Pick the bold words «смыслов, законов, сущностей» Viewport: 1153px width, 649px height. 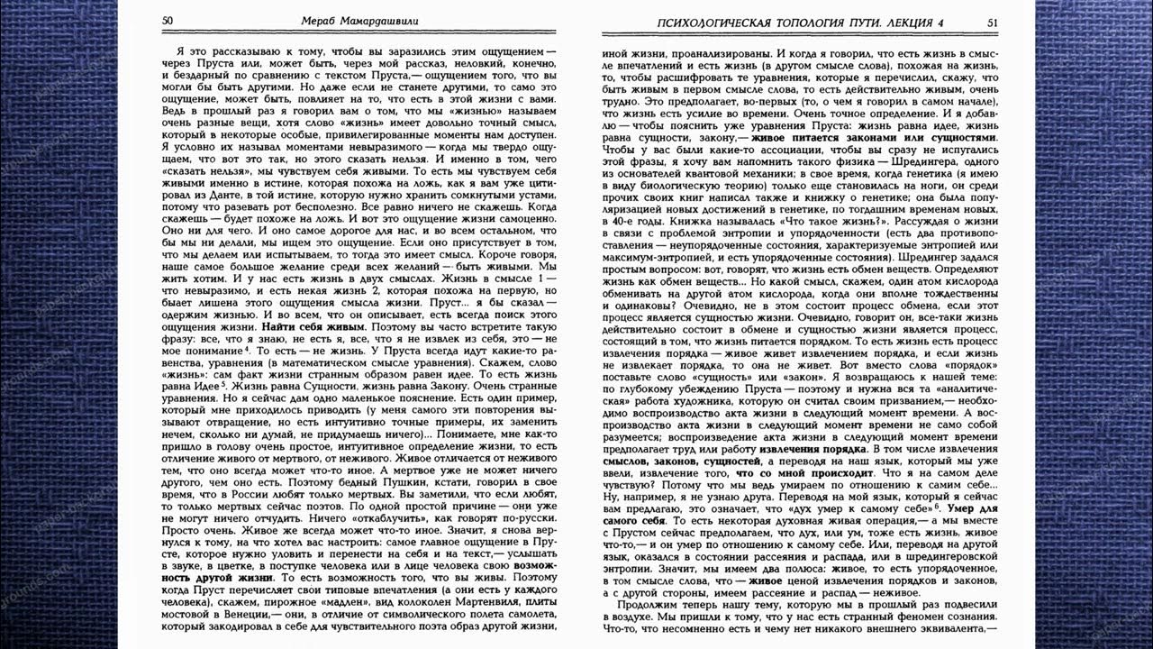(x=659, y=461)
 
